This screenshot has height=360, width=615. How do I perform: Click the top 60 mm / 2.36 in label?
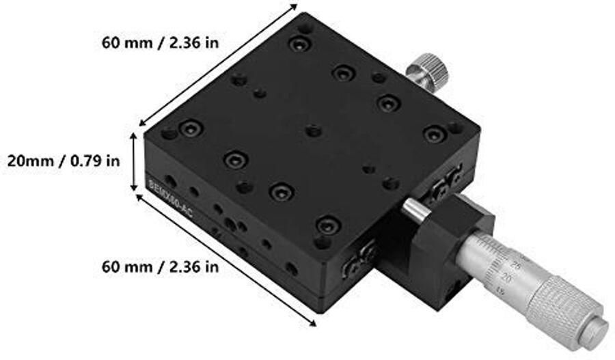[160, 42]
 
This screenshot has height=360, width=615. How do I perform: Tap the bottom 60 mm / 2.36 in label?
[160, 266]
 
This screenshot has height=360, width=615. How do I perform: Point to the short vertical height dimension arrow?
[135, 163]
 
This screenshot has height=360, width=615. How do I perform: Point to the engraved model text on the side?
[170, 202]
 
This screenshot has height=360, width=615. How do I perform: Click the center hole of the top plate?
[313, 130]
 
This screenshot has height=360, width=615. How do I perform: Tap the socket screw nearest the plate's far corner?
[299, 45]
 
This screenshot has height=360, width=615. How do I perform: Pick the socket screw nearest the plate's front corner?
[328, 224]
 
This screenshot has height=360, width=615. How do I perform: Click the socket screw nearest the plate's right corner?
[434, 135]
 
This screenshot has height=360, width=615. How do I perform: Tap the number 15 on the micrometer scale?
[501, 292]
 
